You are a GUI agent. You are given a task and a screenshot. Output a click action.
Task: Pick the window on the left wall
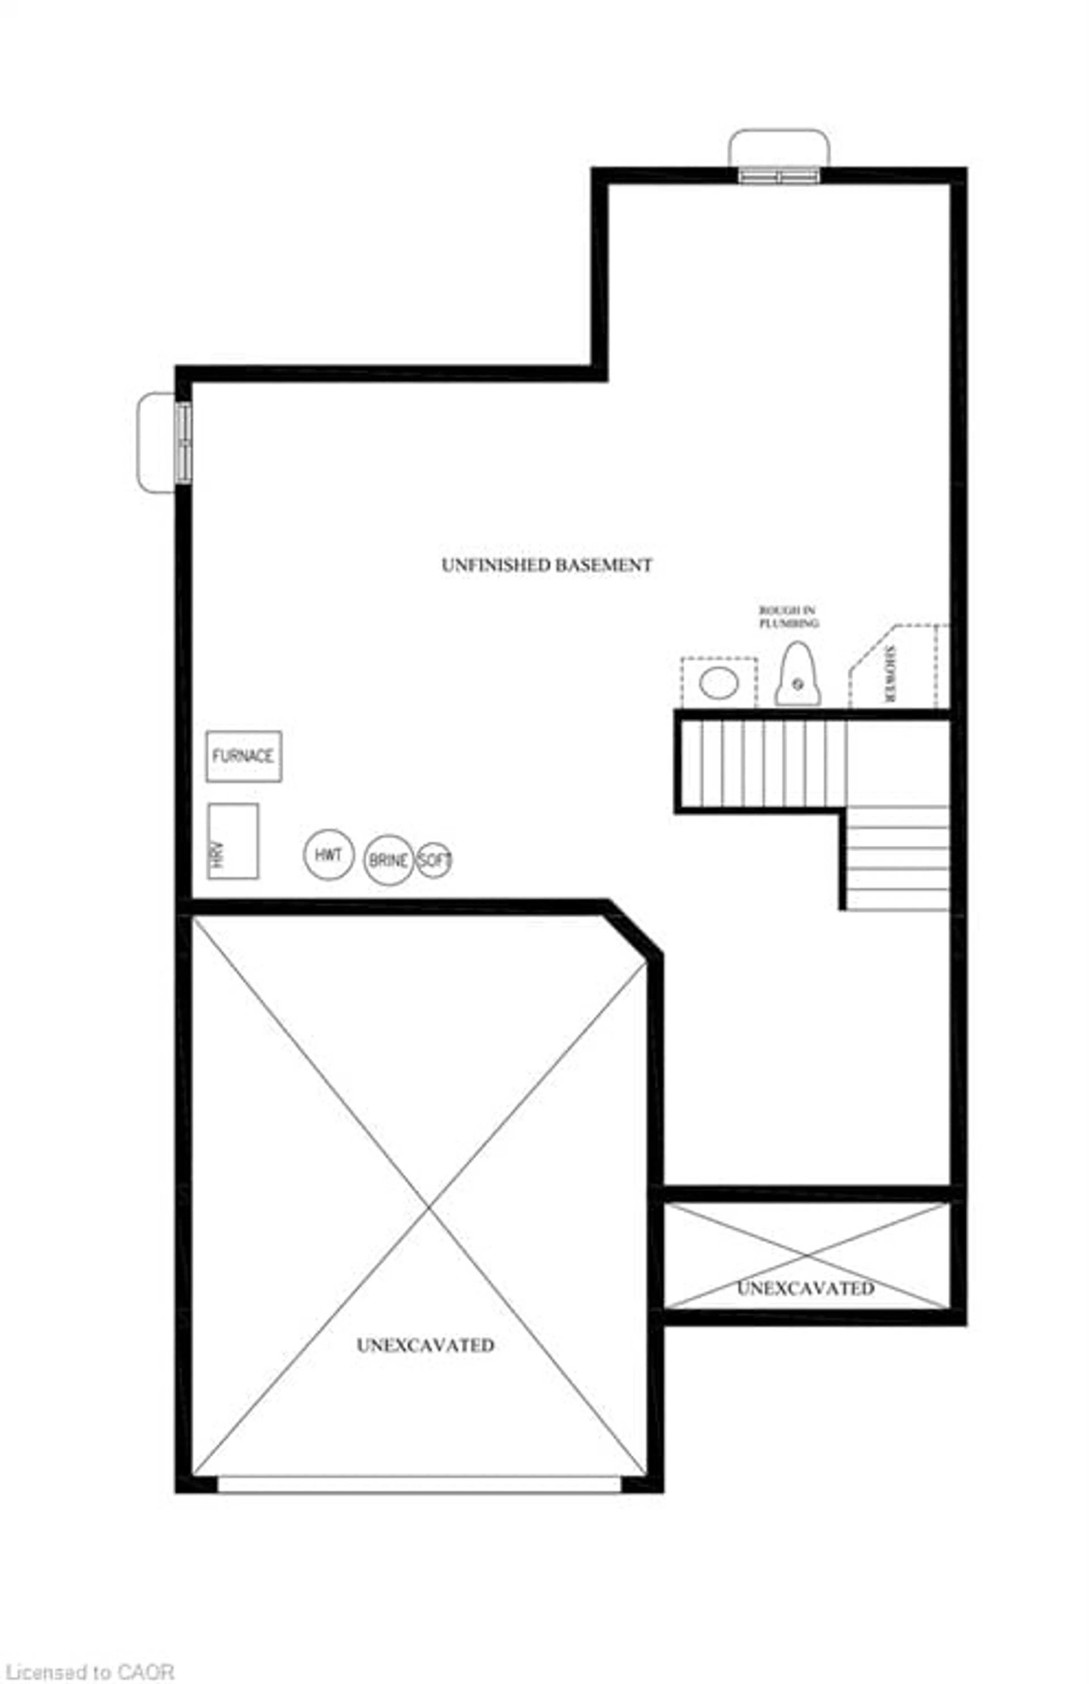click(183, 442)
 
